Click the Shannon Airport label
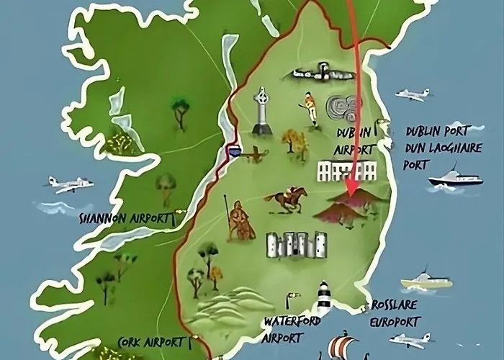(126, 217)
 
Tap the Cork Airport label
(152, 342)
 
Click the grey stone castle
(296, 245)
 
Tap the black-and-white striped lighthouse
(324, 297)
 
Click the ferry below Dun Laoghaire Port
(454, 178)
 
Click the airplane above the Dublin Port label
(412, 94)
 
